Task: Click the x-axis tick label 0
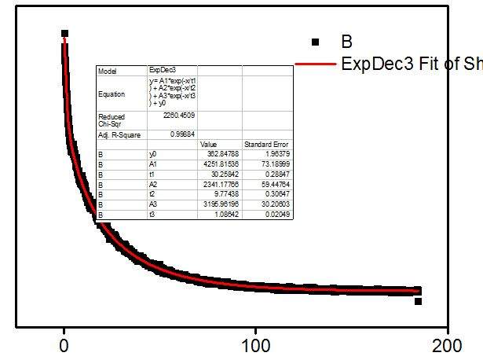point(64,345)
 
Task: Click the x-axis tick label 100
point(254,345)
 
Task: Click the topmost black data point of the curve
point(64,34)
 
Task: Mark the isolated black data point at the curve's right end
point(419,301)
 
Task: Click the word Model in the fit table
point(107,71)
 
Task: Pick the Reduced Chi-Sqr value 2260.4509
point(177,115)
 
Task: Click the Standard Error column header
point(266,145)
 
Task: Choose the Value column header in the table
point(208,145)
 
